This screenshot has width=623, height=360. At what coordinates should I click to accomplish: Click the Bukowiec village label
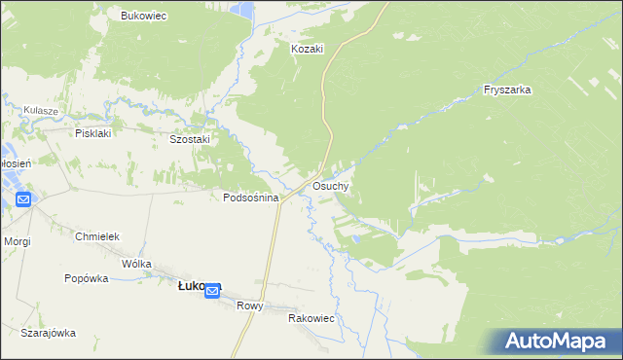(x=144, y=16)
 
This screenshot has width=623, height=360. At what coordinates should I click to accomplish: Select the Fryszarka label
(x=507, y=90)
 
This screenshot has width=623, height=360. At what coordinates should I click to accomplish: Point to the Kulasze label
(x=43, y=111)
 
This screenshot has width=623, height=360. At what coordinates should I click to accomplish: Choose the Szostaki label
(x=190, y=139)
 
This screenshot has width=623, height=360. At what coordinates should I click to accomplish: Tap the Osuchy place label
(x=331, y=185)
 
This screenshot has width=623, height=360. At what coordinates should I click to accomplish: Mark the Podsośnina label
(x=251, y=198)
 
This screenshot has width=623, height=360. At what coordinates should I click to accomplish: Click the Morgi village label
(x=17, y=240)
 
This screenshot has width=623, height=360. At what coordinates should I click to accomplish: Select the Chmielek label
(x=96, y=236)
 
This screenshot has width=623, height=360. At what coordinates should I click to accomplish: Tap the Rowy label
(x=250, y=305)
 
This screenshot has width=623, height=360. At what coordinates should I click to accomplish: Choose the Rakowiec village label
(x=311, y=318)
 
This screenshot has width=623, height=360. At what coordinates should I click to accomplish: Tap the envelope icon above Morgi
(x=23, y=199)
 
